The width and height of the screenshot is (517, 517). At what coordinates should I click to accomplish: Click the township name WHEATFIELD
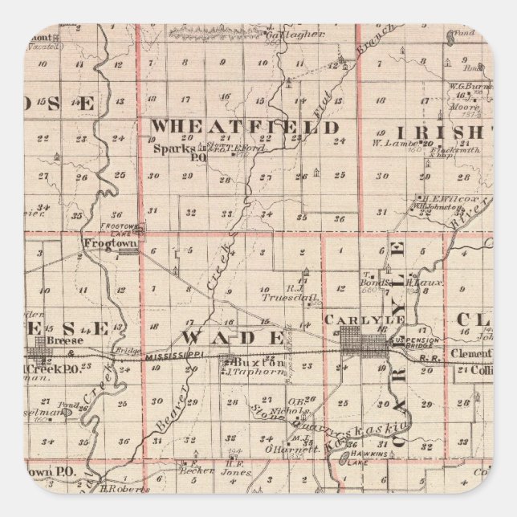click(x=245, y=128)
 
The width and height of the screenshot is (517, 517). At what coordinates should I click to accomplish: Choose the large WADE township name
click(x=232, y=336)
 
